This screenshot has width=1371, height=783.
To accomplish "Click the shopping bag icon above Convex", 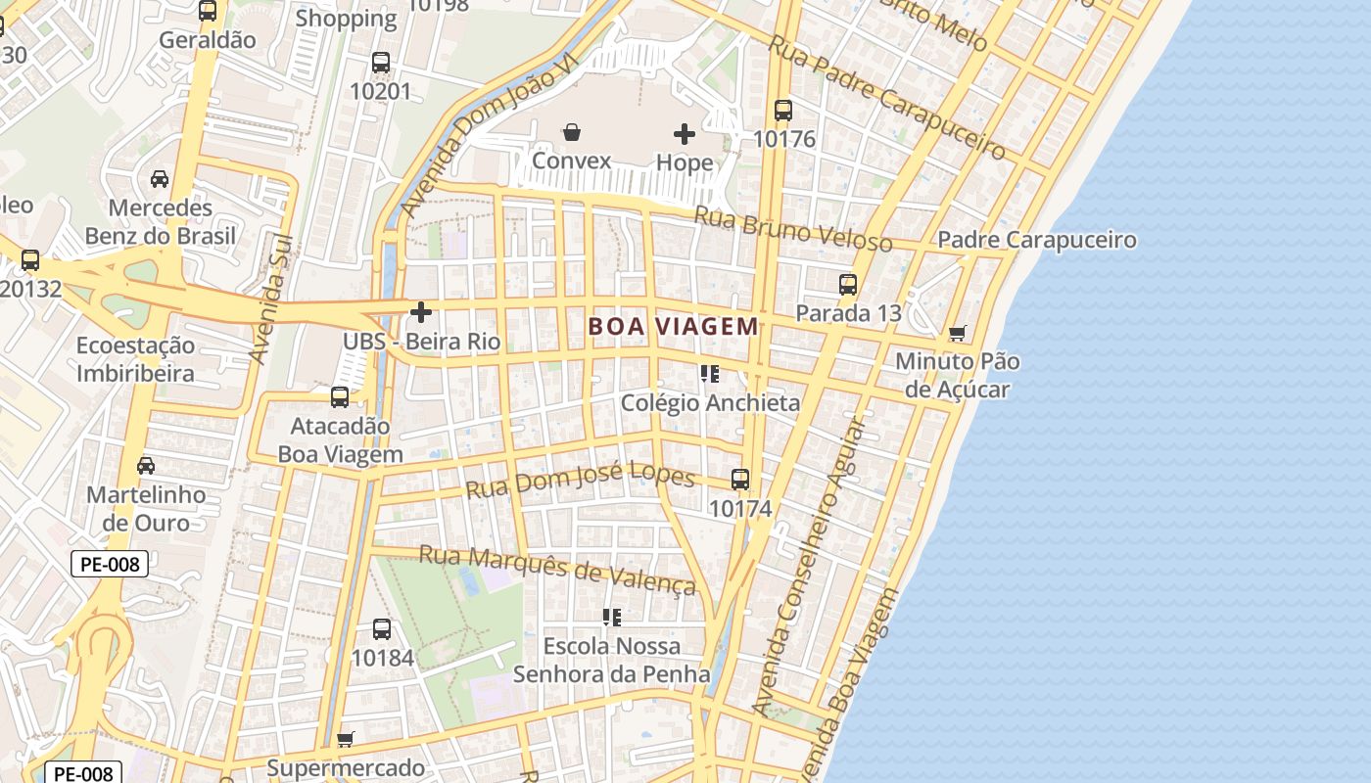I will [572, 132].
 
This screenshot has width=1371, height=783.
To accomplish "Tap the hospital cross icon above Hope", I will [685, 133].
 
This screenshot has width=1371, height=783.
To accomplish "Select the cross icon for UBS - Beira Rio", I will [421, 312].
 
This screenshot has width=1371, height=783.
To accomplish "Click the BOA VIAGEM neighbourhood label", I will [674, 327].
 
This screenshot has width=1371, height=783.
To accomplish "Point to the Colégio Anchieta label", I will [710, 402].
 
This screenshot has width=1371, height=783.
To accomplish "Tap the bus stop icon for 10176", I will [782, 110].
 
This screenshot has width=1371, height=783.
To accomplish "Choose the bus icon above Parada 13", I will [848, 285].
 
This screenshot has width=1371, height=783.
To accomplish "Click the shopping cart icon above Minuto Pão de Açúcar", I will [957, 333].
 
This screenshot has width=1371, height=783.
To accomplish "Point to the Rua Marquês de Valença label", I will [557, 570].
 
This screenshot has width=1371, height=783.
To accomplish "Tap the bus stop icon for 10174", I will [740, 480].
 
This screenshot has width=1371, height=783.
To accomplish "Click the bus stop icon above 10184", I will [382, 629].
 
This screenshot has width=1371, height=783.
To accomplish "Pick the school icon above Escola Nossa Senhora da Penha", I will [612, 617].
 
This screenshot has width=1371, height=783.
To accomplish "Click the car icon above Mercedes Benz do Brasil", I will [160, 179].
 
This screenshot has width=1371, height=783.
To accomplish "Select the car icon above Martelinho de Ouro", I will [146, 465].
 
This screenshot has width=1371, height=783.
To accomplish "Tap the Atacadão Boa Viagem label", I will [340, 440].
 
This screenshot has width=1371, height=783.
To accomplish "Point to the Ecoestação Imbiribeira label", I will [135, 359].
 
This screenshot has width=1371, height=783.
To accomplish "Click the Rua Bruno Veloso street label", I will [793, 228].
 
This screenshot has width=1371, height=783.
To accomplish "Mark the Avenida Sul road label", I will [272, 299].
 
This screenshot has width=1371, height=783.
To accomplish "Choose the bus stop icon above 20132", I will [30, 260].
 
